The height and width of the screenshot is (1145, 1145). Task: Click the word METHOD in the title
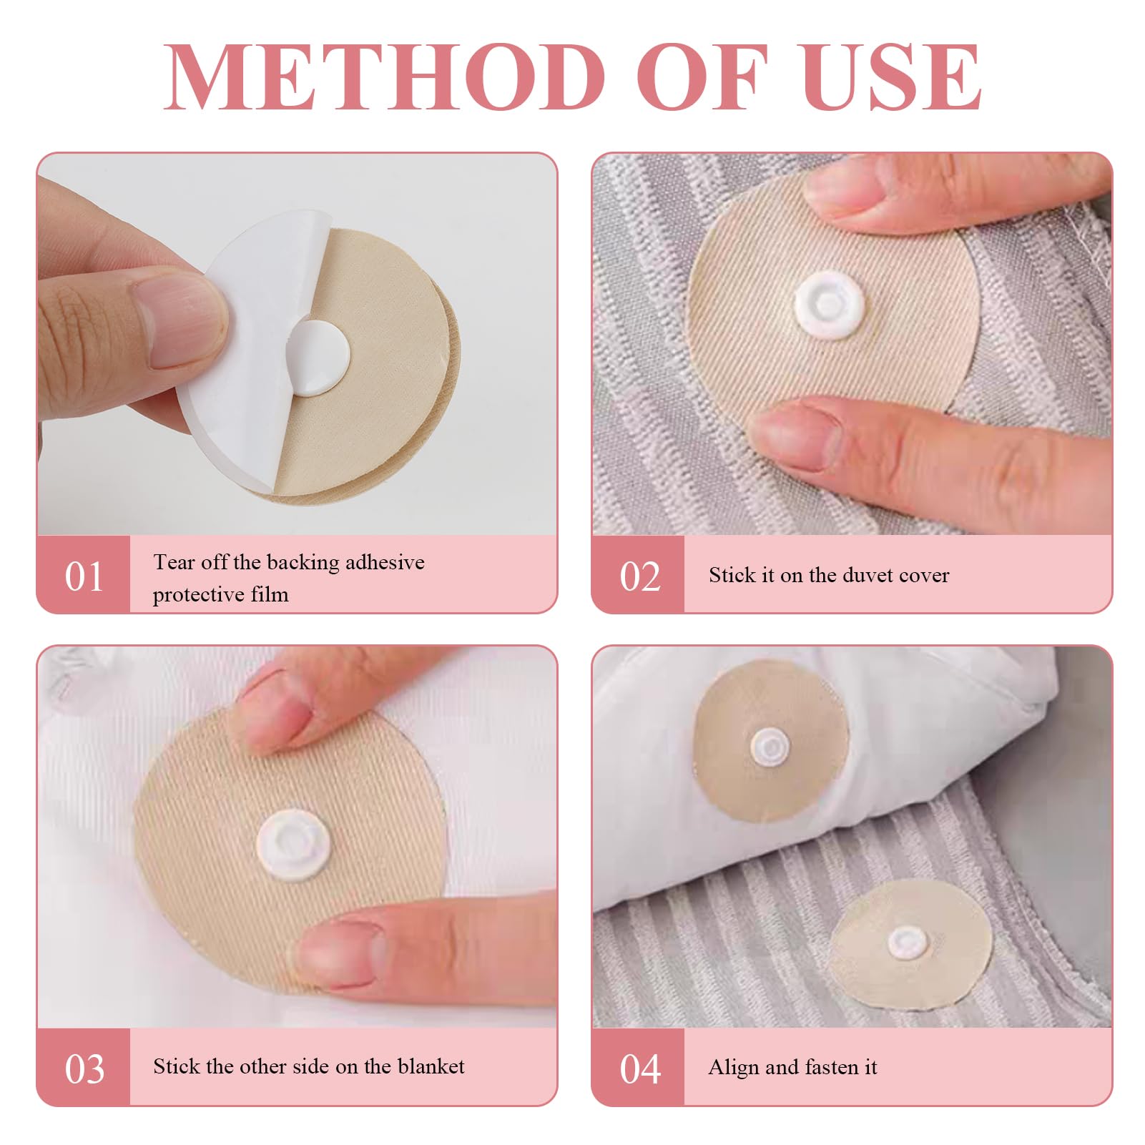385,77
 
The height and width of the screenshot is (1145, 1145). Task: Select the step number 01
84,576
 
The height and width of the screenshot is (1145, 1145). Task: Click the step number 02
639,576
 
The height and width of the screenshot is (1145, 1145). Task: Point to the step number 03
84,1070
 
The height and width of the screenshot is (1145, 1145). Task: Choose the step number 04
639,1070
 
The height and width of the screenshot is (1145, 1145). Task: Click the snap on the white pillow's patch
770,747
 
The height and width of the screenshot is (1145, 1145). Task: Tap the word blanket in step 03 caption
431,1066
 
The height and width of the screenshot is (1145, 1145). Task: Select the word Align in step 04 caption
734,1068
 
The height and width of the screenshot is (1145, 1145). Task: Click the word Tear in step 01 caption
174,562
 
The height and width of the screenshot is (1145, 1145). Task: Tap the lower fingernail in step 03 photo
340,950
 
